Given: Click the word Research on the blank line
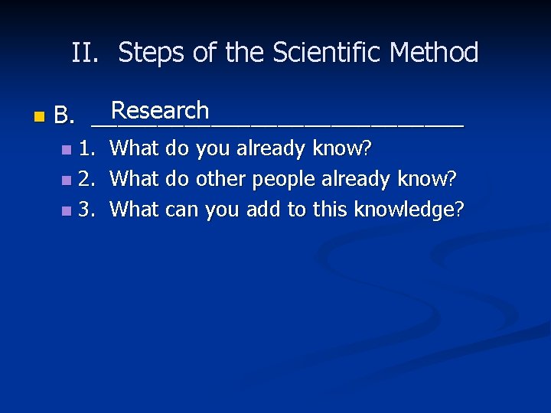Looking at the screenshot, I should (160, 111).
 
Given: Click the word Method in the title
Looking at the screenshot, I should (434, 54).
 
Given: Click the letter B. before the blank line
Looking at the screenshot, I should (64, 117).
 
